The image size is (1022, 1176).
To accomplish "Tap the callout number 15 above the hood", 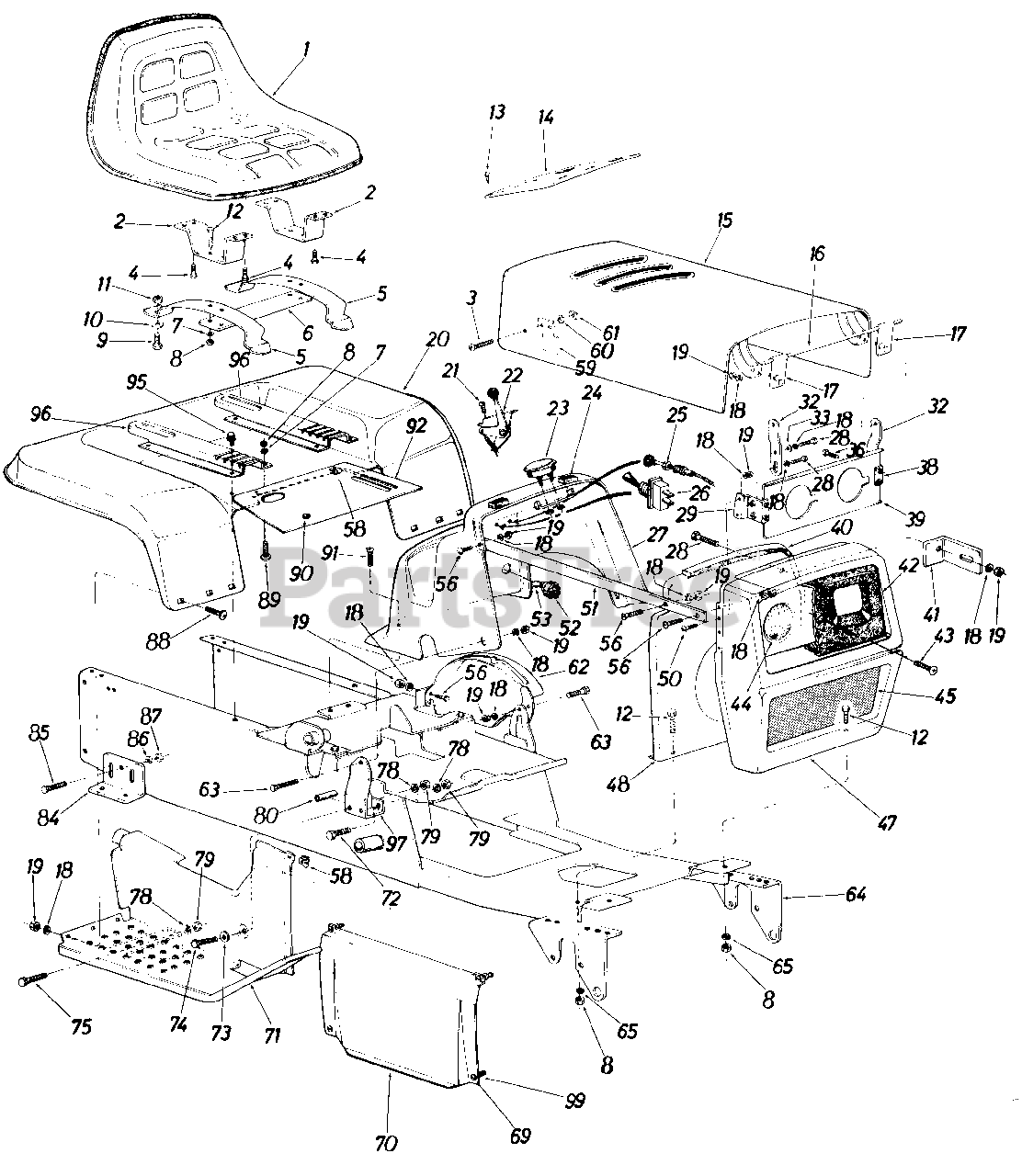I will coord(723,221).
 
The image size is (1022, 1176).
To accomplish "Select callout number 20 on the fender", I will coord(437,340).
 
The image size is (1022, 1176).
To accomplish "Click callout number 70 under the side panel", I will coord(386,1144).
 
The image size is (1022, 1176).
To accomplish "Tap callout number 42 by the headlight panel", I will coord(907,565).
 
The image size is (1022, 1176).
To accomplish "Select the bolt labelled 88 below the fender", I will coord(217,610).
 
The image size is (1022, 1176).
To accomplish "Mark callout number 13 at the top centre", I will coord(496,113).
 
